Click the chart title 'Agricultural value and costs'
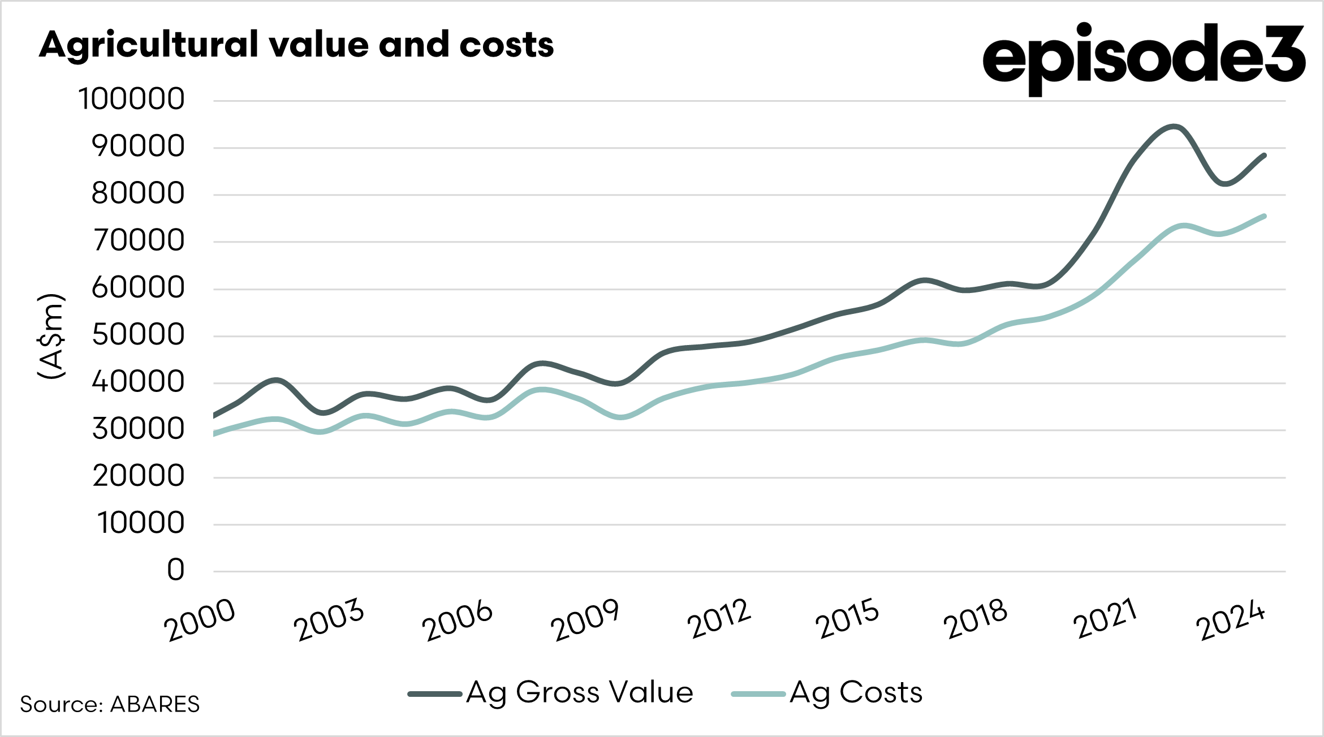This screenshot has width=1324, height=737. point(296,45)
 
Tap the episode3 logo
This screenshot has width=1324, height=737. point(1143,58)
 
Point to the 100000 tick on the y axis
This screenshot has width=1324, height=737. point(132,100)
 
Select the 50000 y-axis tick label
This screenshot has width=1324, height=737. point(138,335)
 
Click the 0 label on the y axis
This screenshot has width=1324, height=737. point(176,570)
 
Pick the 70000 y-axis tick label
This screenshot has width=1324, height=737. point(139,241)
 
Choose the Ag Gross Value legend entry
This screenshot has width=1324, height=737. point(551,693)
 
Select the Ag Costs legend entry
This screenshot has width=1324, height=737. point(827,693)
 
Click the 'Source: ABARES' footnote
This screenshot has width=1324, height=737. point(110,704)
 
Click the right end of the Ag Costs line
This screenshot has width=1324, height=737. point(1263,216)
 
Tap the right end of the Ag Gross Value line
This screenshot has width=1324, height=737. point(1263,156)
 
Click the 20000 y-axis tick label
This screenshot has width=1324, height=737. point(139,476)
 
